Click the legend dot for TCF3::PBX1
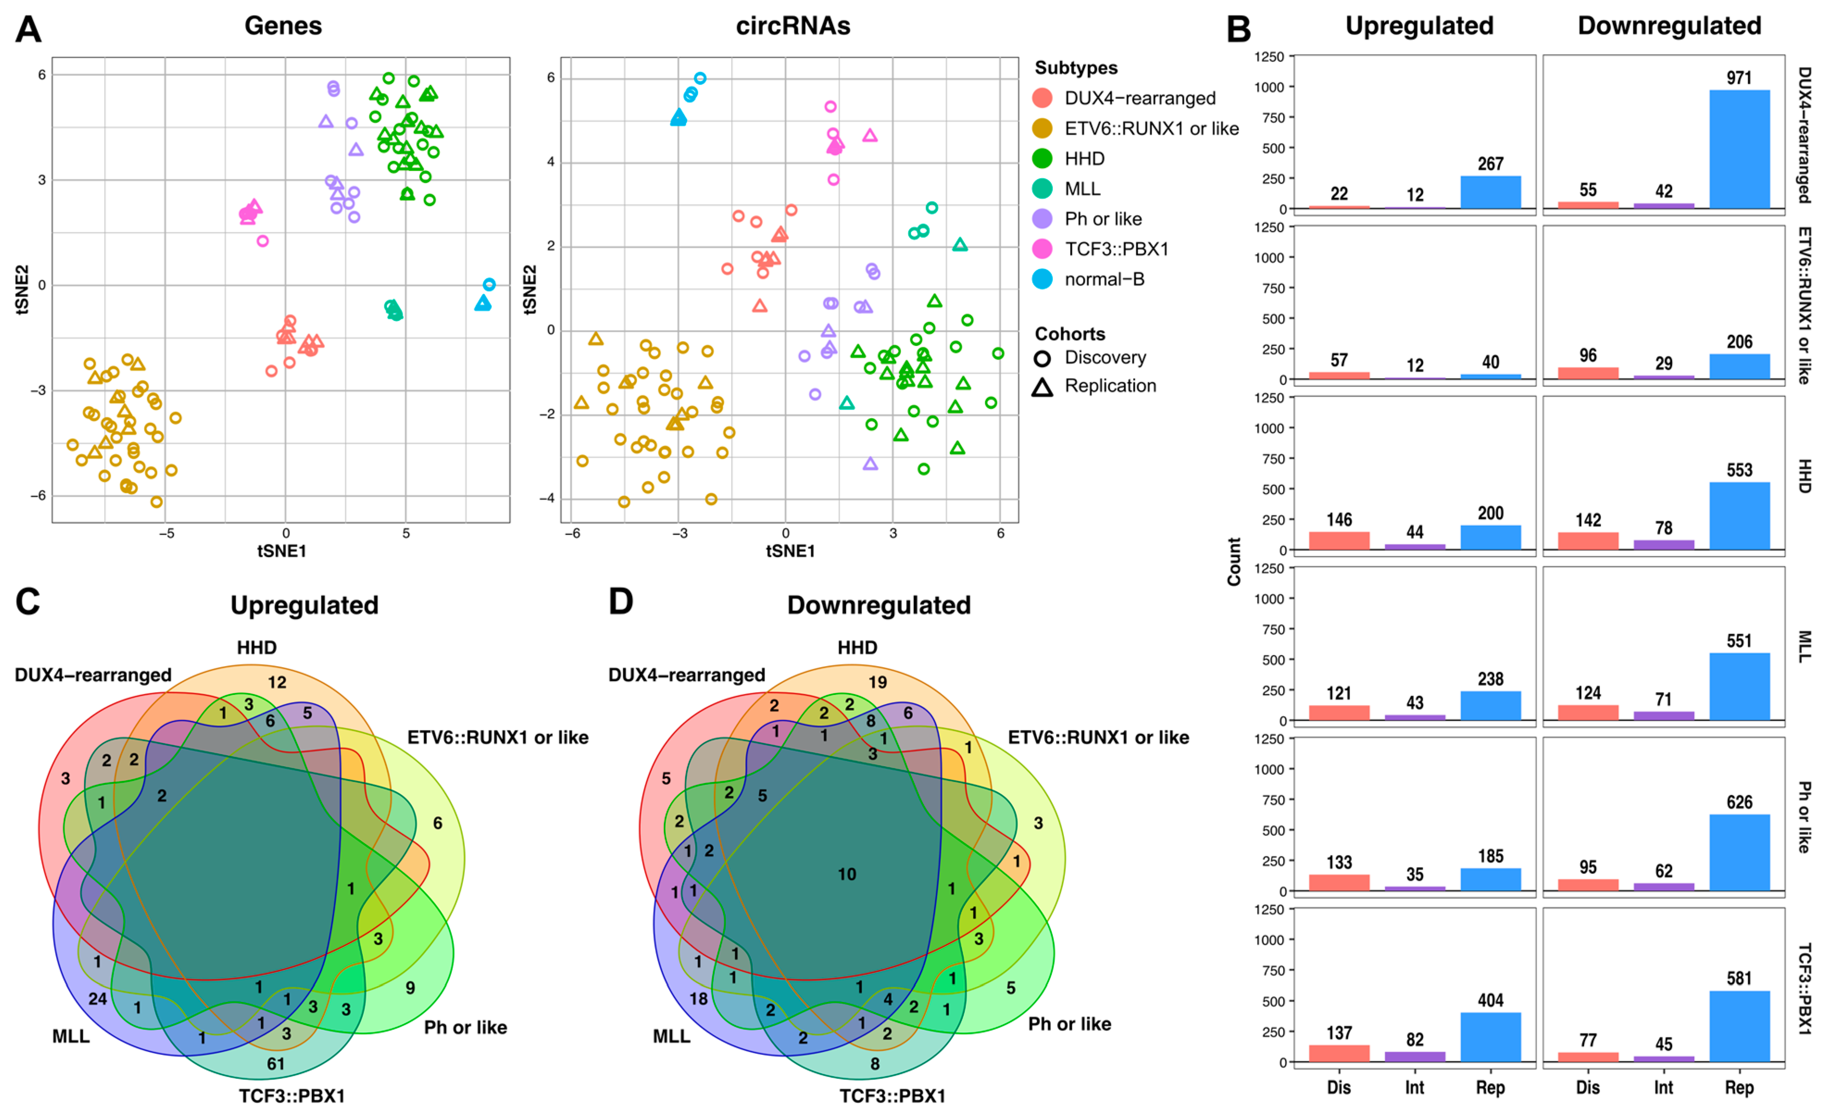click(x=1042, y=249)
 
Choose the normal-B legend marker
click(x=1042, y=279)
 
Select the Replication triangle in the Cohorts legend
click(x=1042, y=387)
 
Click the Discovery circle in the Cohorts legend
click(x=1042, y=358)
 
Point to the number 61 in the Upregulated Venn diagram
click(x=275, y=1064)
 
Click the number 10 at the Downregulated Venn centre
click(x=847, y=874)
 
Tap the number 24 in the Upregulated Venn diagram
click(x=98, y=999)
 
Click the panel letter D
click(x=621, y=601)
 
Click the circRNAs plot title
click(x=793, y=26)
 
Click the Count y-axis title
click(x=1234, y=562)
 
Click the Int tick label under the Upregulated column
click(x=1415, y=1087)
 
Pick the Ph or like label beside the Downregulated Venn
click(x=1069, y=1024)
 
